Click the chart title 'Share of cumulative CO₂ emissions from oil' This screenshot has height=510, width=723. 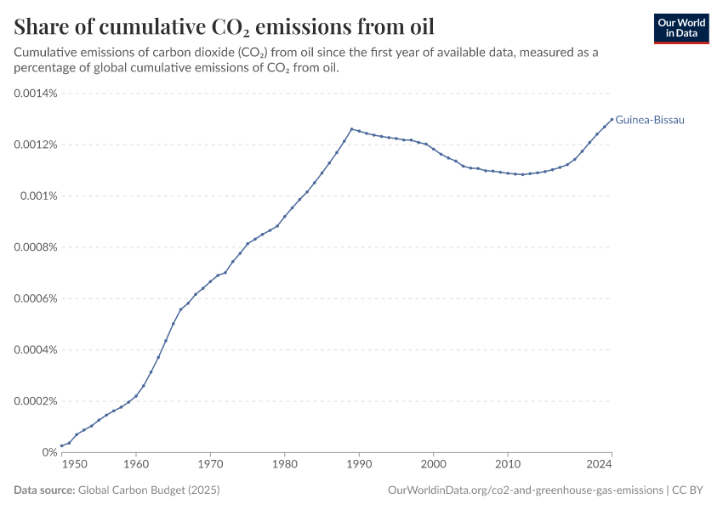[x=224, y=25]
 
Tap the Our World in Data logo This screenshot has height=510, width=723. [x=681, y=28]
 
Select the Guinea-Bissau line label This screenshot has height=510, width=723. [x=649, y=120]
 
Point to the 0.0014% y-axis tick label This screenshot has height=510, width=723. [x=35, y=93]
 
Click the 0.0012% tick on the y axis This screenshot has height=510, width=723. [x=35, y=144]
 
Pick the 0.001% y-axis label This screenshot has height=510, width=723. [x=38, y=195]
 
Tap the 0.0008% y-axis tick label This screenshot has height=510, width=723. [x=35, y=247]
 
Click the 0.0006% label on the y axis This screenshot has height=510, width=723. [x=35, y=298]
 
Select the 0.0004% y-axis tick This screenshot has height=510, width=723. [x=35, y=349]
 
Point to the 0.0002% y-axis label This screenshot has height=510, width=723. [x=35, y=401]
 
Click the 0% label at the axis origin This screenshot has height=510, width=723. [x=48, y=452]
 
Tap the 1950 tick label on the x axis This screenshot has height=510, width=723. [x=73, y=466]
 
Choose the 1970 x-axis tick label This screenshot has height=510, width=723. [x=210, y=466]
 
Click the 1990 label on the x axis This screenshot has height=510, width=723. [x=359, y=466]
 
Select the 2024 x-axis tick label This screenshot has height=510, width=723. [x=600, y=466]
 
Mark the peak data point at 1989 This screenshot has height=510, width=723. [x=352, y=129]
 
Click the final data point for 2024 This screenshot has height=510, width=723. [x=612, y=119]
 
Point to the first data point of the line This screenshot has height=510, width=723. [x=62, y=445]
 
